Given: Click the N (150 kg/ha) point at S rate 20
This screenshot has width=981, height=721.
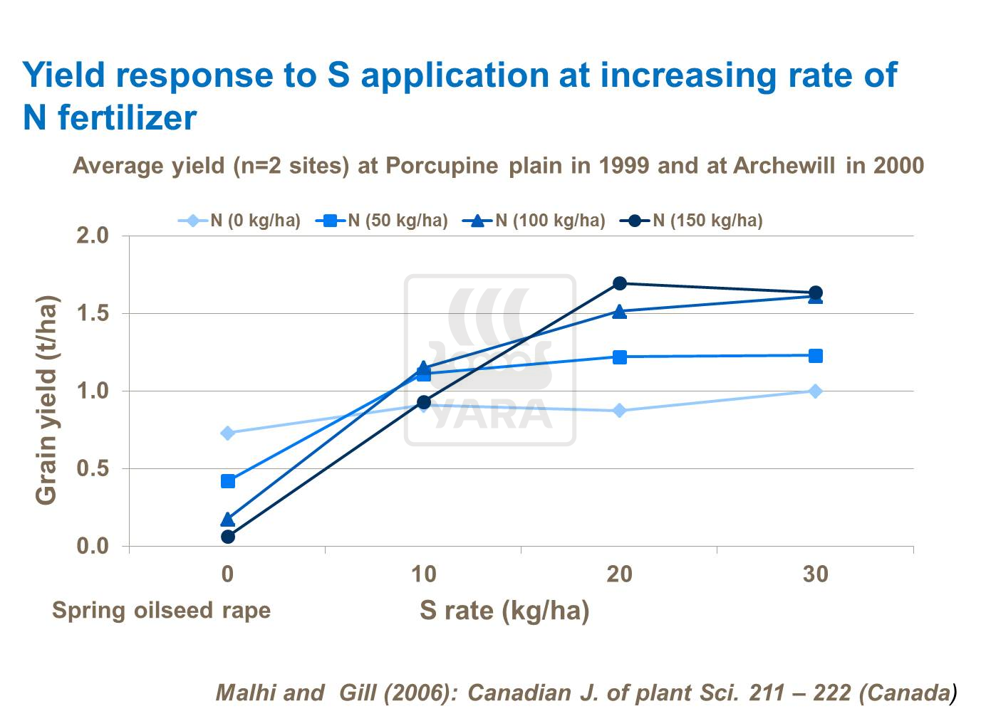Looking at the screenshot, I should click(x=620, y=283).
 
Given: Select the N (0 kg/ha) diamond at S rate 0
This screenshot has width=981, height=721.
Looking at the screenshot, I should click(x=228, y=433).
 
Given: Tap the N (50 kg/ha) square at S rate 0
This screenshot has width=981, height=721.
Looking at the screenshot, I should click(x=228, y=481).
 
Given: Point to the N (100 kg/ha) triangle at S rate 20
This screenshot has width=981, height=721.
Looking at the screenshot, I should click(x=620, y=311).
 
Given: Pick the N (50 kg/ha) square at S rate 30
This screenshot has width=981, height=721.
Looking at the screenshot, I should click(x=816, y=356).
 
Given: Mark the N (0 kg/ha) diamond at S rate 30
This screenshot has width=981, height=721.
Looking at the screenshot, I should click(x=816, y=391).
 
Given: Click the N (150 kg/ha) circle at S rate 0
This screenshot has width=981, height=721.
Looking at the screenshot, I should click(x=228, y=537).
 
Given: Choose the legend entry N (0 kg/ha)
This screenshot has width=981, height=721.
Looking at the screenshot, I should click(x=239, y=221).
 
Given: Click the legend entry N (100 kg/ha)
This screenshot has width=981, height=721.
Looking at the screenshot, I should click(x=534, y=221).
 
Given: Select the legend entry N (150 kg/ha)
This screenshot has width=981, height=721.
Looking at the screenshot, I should click(x=691, y=221).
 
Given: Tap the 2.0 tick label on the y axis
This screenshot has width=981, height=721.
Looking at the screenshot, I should click(x=93, y=236).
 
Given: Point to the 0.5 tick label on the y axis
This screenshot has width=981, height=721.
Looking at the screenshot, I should click(x=93, y=468).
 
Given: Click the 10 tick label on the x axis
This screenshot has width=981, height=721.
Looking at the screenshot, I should click(x=423, y=574).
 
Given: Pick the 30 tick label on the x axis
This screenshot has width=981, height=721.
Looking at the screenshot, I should click(x=816, y=574).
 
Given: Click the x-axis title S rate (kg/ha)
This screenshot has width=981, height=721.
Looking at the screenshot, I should click(x=504, y=610).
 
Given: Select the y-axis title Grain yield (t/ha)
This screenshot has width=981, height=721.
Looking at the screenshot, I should click(x=46, y=400).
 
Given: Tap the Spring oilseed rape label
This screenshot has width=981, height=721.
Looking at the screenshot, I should click(x=161, y=610).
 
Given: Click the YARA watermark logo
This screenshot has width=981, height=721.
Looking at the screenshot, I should click(x=490, y=360).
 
